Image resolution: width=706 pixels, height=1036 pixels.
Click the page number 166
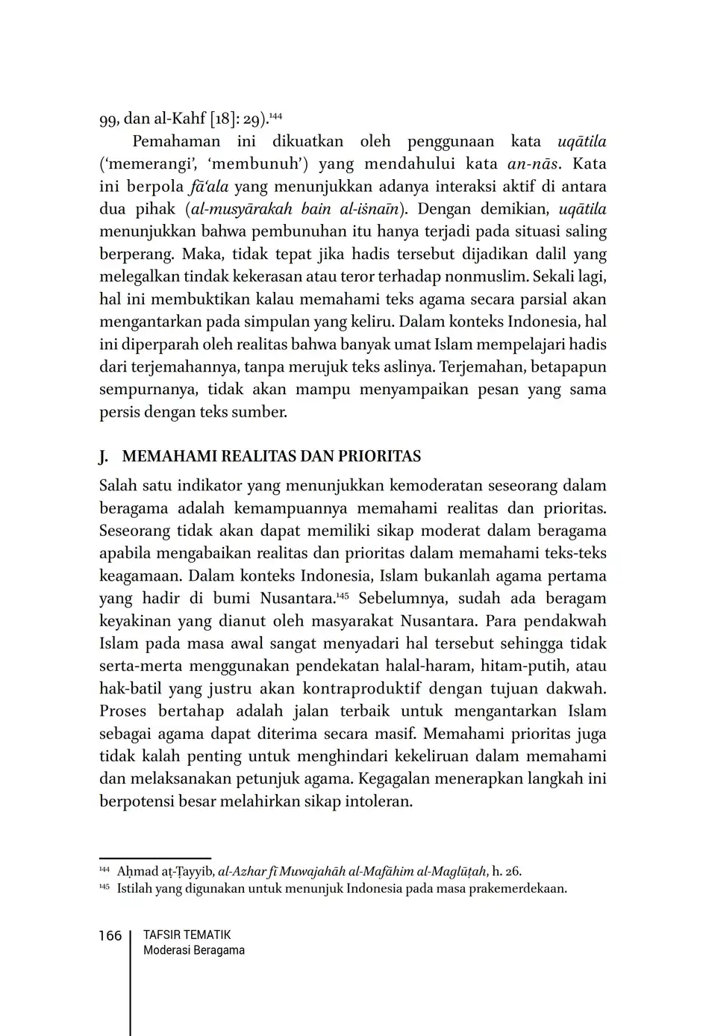(110, 936)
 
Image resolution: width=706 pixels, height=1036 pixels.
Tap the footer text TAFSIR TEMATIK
(187, 934)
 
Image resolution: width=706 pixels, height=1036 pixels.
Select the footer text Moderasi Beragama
(193, 950)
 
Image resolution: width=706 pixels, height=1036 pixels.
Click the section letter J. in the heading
(104, 456)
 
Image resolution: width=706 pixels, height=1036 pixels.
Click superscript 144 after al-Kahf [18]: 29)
(275, 116)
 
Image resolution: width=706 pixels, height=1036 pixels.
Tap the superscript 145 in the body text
(343, 596)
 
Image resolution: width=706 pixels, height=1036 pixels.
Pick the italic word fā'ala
(208, 186)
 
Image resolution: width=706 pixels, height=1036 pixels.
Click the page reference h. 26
(507, 871)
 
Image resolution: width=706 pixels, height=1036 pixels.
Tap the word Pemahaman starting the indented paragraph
(176, 141)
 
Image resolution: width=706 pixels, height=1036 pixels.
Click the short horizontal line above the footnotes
(154, 858)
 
